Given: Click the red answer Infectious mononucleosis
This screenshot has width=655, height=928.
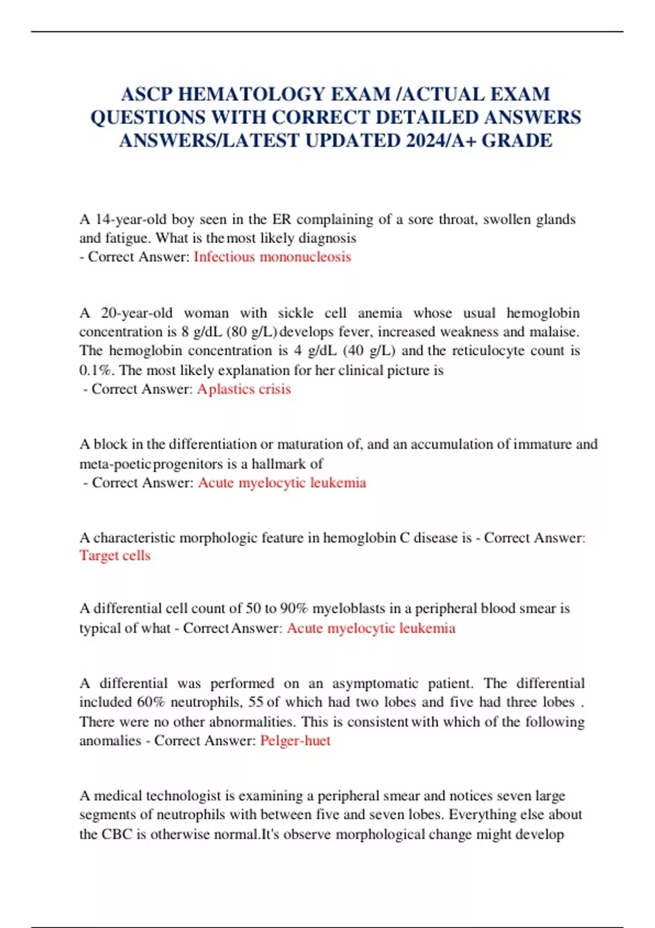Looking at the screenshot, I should coord(272,257).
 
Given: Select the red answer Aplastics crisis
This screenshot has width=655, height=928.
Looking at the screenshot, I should coord(244,389).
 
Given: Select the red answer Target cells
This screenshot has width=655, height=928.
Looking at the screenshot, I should coord(115,556).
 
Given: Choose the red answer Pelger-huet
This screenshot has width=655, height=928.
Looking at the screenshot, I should coord(295,741).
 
